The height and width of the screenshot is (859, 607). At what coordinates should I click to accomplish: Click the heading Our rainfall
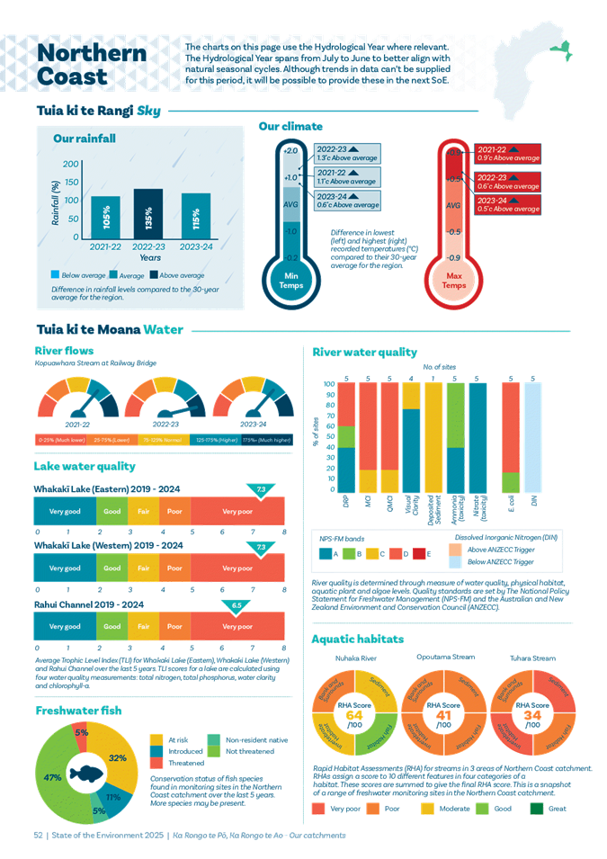pos(85,139)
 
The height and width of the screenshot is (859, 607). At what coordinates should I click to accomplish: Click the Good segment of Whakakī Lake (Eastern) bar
pos(112,511)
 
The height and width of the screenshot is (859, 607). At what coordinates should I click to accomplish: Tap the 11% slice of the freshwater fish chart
pos(112,796)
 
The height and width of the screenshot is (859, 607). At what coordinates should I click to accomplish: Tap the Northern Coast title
pos(92,65)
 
